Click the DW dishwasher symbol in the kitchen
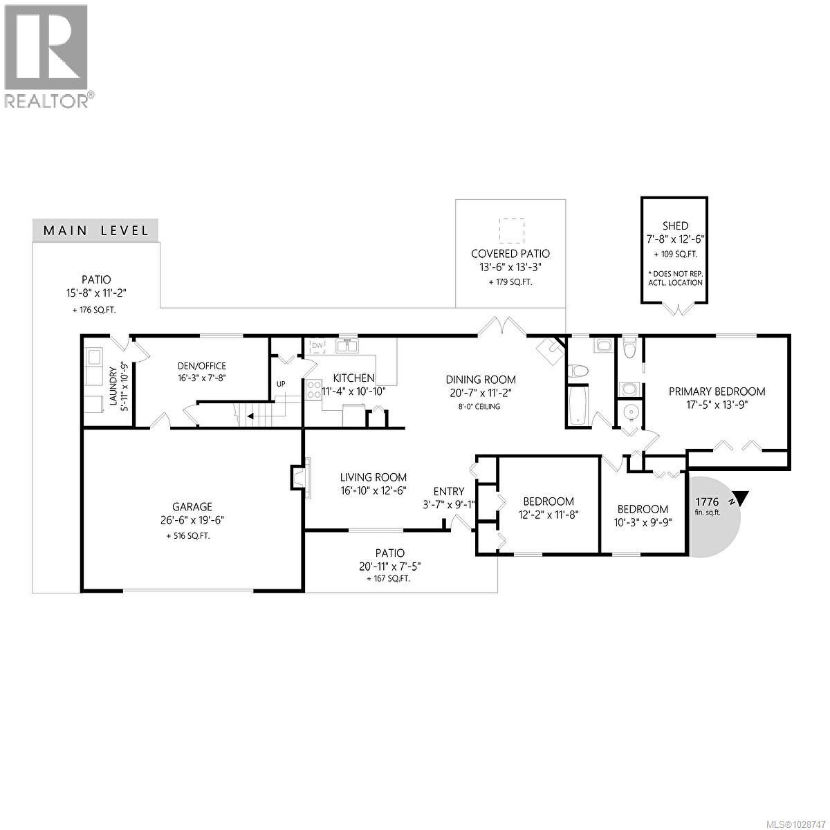[317, 345]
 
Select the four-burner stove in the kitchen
[313, 388]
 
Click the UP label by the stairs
[281, 384]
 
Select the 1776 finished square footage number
[707, 501]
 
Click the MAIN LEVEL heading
[95, 230]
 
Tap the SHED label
[674, 226]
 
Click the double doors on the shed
[675, 308]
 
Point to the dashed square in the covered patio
[512, 230]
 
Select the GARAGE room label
[192, 506]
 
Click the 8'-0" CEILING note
[480, 406]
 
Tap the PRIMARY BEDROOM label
[717, 391]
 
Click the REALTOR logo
[47, 55]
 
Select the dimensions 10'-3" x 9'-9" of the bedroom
[643, 523]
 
